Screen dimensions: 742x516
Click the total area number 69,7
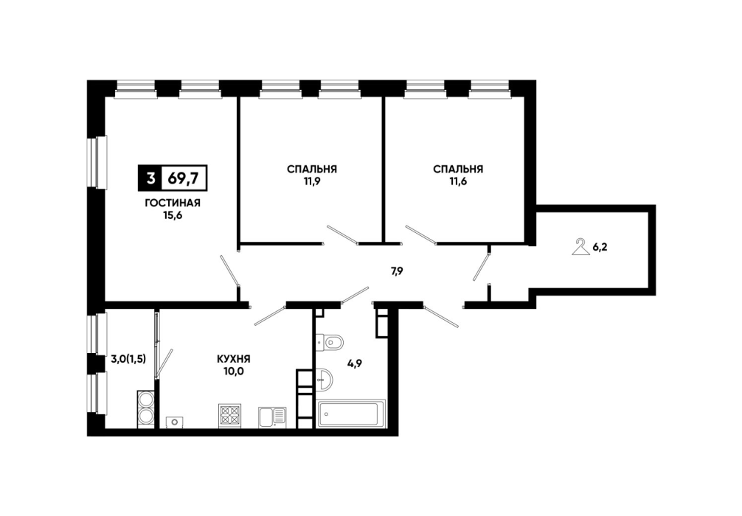click(183, 178)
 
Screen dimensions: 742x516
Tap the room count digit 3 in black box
click(150, 178)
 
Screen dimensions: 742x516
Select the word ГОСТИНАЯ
click(173, 203)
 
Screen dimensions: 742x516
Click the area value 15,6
click(173, 216)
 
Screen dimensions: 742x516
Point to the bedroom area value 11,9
click(312, 182)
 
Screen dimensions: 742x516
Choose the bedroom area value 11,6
click(458, 182)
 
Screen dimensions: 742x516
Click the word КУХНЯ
click(234, 359)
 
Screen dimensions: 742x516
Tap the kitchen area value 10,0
click(234, 372)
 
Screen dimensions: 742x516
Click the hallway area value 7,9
click(397, 271)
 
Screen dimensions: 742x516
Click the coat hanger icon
click(580, 248)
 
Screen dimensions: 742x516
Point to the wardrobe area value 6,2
click(600, 247)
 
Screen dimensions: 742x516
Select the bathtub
click(350, 414)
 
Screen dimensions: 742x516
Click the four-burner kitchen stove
click(230, 416)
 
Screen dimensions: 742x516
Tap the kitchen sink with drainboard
click(272, 417)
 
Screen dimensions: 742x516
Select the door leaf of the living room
click(229, 270)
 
